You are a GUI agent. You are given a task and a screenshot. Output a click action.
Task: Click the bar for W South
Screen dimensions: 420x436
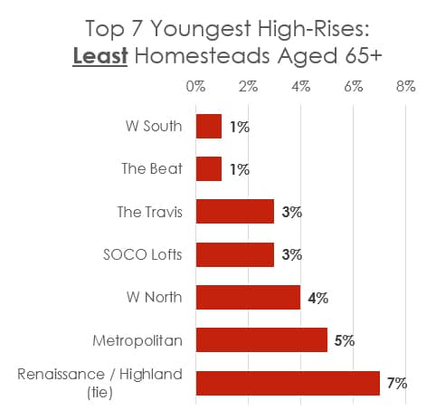(208, 127)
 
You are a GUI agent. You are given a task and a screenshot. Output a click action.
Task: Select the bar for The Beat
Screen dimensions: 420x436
(208, 169)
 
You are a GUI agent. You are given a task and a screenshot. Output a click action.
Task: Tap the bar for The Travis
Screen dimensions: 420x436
(234, 212)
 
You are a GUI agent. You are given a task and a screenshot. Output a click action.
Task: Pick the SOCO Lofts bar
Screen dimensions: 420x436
(234, 254)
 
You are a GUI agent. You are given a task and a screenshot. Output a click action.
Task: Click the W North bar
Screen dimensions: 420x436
(248, 297)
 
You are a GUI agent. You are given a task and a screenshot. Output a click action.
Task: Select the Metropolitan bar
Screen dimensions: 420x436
(261, 340)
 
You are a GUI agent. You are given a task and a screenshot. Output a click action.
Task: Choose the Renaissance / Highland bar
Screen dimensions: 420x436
(287, 383)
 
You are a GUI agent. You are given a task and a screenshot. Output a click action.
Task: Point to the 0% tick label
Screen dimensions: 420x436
(195, 87)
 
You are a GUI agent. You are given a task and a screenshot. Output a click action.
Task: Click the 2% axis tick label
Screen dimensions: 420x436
(248, 87)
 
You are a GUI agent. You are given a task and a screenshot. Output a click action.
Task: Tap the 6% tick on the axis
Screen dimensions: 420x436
(353, 87)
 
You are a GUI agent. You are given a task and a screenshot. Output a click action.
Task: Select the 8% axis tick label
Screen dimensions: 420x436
(405, 87)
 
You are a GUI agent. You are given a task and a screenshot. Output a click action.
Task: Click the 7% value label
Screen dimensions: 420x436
(397, 383)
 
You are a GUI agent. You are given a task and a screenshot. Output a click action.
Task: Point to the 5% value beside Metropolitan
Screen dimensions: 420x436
(345, 340)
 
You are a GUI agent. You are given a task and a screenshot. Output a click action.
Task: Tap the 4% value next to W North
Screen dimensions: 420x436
(318, 297)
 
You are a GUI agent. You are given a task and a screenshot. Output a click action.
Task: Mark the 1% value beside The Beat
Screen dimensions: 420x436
(239, 169)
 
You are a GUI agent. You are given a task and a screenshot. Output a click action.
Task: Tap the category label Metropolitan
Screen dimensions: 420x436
(137, 340)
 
